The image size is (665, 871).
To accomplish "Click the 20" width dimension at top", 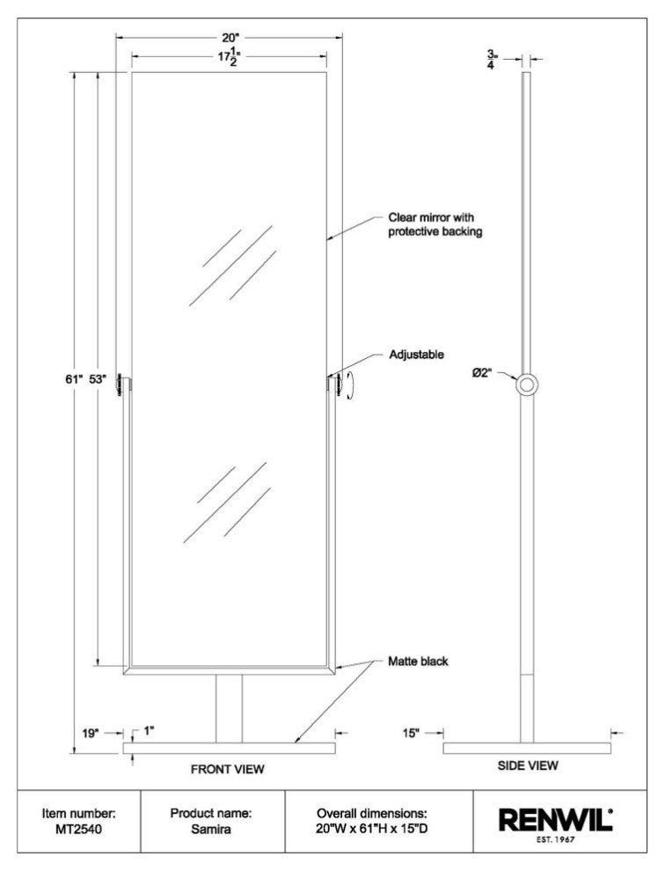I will pyautogui.click(x=230, y=38).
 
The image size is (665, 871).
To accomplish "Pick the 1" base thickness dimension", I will pyautogui.click(x=148, y=730).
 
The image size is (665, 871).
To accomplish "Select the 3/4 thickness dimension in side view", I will pyautogui.click(x=514, y=59).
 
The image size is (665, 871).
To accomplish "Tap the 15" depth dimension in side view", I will pyautogui.click(x=412, y=731).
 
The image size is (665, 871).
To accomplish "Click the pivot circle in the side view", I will pyautogui.click(x=527, y=384).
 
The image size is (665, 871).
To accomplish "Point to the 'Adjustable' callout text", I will pyautogui.click(x=416, y=355).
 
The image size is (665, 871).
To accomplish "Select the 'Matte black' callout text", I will pyautogui.click(x=419, y=661).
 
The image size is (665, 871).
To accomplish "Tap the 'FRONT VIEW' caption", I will pyautogui.click(x=228, y=769).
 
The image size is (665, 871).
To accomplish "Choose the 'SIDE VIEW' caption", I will pyautogui.click(x=528, y=766).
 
